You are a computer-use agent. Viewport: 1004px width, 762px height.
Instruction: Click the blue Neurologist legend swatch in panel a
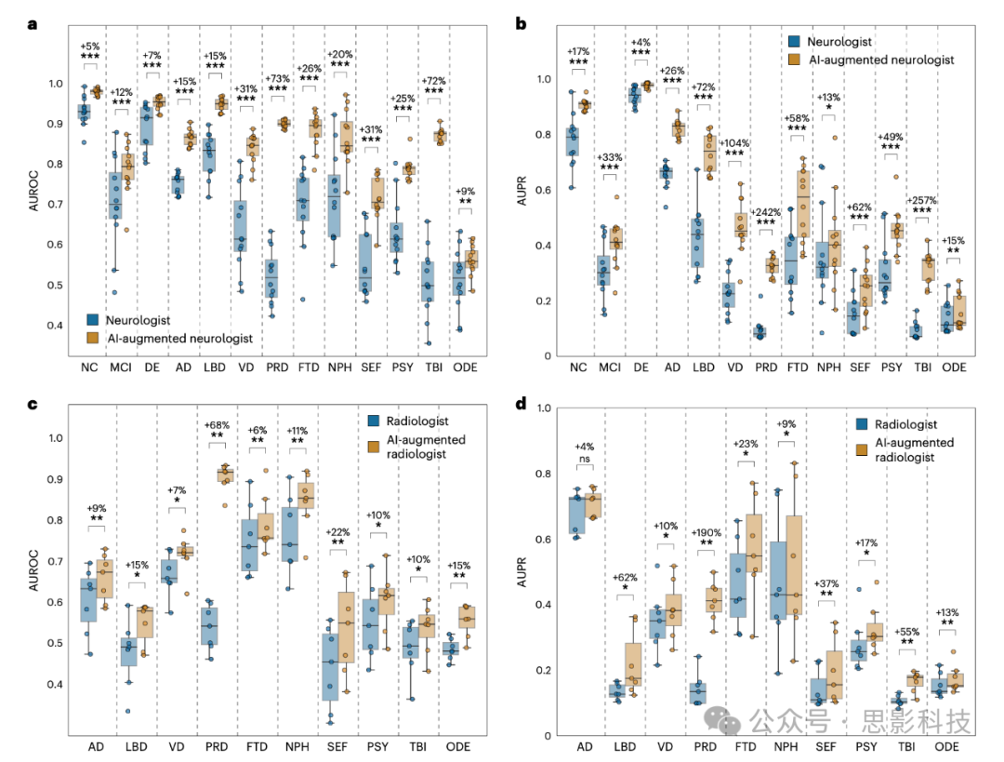pyautogui.click(x=94, y=318)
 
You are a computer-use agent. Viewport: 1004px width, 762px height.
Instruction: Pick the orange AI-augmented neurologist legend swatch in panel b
pyautogui.click(x=795, y=60)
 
